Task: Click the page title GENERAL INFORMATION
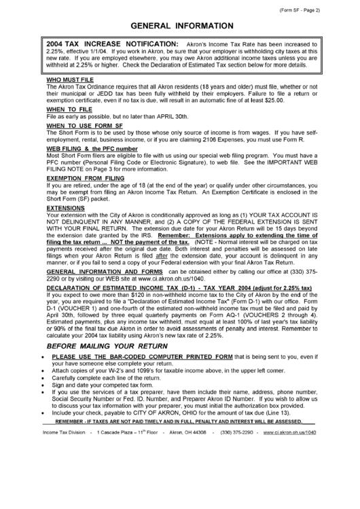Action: click(x=180, y=25)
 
